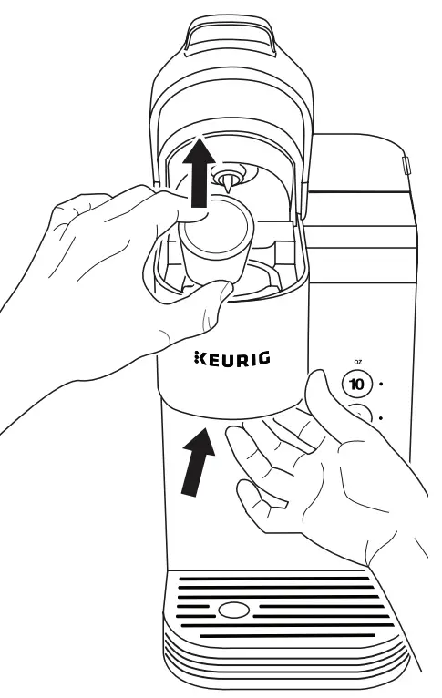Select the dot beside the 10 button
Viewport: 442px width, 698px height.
pos(381,383)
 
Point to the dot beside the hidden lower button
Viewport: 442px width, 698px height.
pos(381,416)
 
